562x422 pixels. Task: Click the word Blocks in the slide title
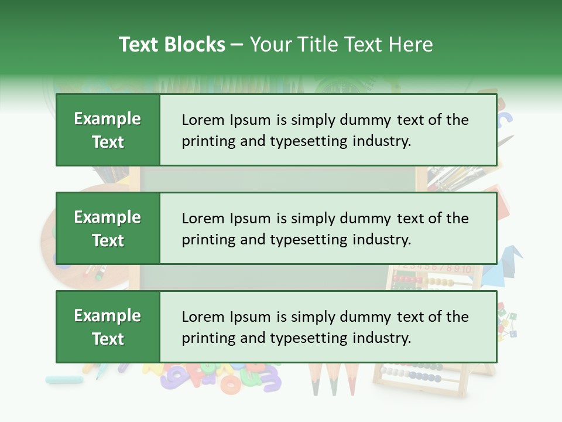point(197,45)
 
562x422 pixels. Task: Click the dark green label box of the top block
point(108,130)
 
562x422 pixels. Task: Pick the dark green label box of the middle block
point(108,229)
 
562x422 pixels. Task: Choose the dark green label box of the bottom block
point(108,327)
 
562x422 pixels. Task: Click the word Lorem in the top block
point(203,120)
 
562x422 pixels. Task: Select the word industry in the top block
point(382,141)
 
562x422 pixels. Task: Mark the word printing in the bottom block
point(207,338)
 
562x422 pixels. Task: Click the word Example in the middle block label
point(108,217)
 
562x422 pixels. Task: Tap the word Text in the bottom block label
point(108,339)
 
